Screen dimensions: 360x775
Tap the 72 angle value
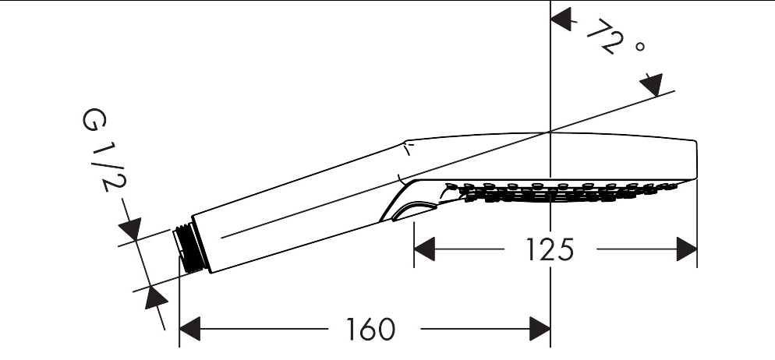click(x=605, y=41)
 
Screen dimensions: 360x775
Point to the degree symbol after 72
click(x=640, y=48)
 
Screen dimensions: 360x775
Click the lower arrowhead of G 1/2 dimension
click(x=154, y=298)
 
